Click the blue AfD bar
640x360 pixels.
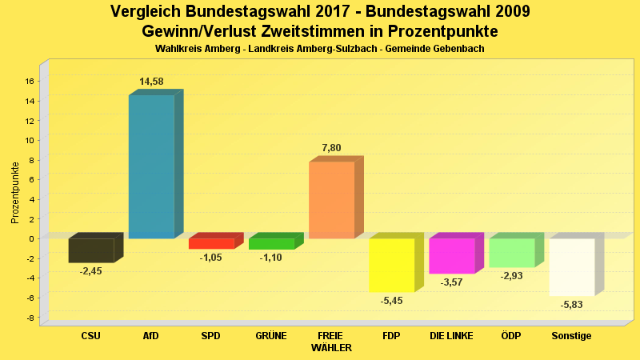pos(151,166)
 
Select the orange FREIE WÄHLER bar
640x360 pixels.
pos(331,200)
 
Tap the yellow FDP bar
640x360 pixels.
pos(391,265)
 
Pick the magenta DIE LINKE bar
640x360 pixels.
pos(451,256)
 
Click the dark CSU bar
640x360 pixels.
pos(90,250)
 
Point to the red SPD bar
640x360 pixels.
pos(211,243)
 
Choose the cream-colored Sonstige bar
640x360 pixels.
pos(571,267)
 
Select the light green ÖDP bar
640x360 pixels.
pos(511,253)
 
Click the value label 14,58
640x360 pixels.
pos(152,82)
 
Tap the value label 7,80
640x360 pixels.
pos(331,148)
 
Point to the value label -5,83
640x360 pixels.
pos(571,305)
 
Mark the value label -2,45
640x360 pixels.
pos(90,271)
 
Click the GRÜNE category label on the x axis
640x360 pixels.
pos(271,336)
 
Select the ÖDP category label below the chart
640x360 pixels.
pos(511,336)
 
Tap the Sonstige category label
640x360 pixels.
pos(571,336)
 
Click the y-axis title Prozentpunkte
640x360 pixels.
pos(15,192)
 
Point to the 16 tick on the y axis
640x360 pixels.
pos(30,81)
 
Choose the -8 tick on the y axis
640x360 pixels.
pos(30,318)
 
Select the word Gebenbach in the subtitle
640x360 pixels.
pos(456,49)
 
